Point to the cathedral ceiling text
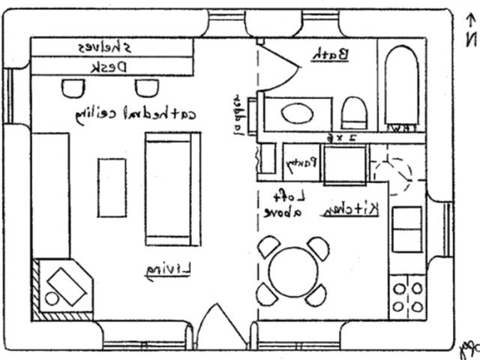[136, 115]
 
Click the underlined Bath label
[330, 54]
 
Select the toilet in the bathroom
[353, 113]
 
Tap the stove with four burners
[407, 298]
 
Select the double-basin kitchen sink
[407, 229]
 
